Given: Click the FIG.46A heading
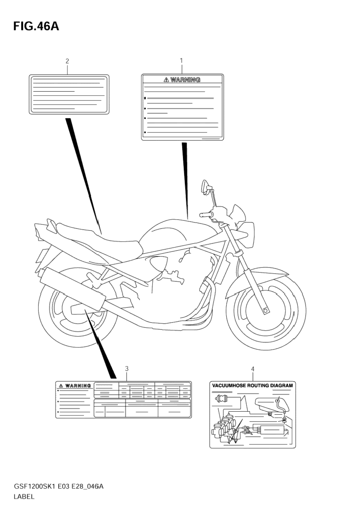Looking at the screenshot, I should point(36,26).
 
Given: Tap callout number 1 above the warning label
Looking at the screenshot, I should point(181,60).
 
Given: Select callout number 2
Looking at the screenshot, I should point(67,61).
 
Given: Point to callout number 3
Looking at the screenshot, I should point(127,368).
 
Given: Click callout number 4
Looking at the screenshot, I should point(252,369).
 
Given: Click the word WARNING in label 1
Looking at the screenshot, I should point(185,80).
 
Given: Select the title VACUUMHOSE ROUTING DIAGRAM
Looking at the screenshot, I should point(252,385).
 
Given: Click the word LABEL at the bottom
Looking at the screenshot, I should point(24,496).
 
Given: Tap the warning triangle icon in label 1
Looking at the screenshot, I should point(166,80).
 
